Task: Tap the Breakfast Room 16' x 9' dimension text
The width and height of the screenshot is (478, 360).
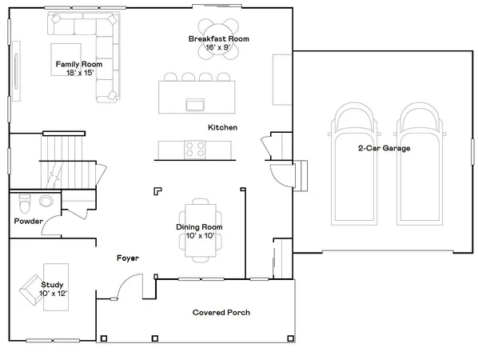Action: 219,48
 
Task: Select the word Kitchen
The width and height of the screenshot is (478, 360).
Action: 222,128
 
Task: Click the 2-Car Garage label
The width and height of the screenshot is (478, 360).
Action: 384,147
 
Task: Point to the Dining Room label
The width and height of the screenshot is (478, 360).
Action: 199,227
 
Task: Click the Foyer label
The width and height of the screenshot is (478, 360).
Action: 128,258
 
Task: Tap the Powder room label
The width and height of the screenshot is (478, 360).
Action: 28,222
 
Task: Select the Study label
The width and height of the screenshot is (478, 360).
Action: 52,284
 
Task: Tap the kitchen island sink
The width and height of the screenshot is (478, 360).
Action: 193,103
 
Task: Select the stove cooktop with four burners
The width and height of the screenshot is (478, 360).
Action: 194,149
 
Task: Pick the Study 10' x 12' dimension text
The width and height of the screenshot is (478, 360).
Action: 53,294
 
